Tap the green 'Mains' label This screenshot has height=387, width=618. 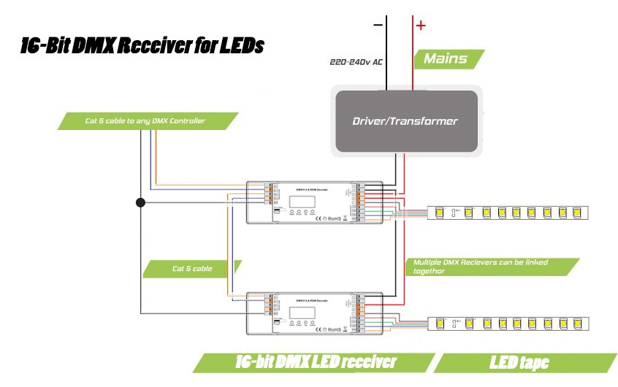tap(446, 58)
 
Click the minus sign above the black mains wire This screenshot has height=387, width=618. tap(378, 26)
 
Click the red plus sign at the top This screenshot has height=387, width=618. tap(421, 26)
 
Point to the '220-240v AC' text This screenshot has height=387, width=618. tap(356, 63)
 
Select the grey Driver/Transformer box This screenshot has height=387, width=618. tap(405, 120)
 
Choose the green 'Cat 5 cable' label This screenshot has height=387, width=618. tap(192, 268)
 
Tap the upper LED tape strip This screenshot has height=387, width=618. tap(509, 212)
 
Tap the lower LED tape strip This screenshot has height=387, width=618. tap(509, 323)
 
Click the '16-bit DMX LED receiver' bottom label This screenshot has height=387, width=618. tap(316, 362)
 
